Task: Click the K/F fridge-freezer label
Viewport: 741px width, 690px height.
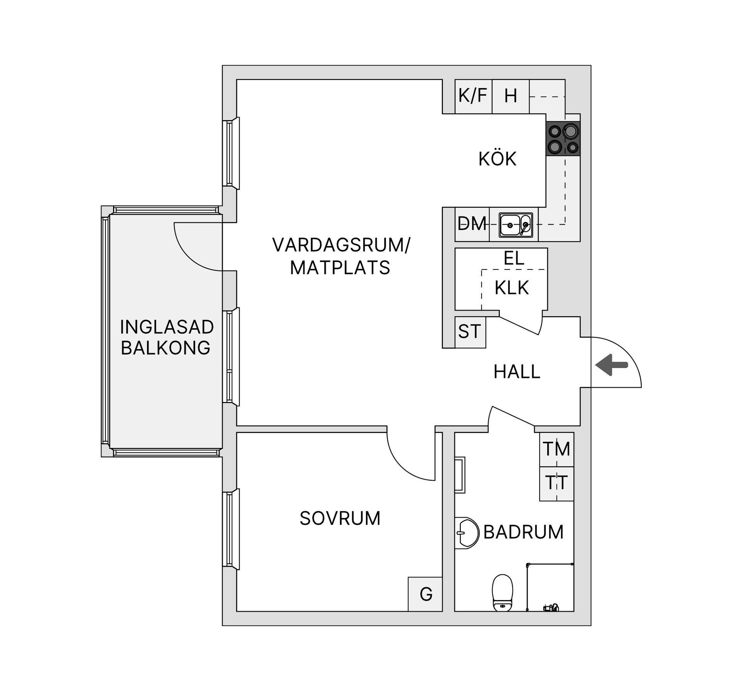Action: pyautogui.click(x=473, y=95)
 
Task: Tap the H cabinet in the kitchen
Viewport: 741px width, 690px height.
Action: pyautogui.click(x=511, y=96)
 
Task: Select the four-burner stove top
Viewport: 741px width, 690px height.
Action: pyautogui.click(x=563, y=139)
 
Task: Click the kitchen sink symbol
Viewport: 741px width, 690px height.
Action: pyautogui.click(x=516, y=225)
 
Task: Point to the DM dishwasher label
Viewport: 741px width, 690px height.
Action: pyautogui.click(x=472, y=224)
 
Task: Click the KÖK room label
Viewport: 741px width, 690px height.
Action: pyautogui.click(x=497, y=159)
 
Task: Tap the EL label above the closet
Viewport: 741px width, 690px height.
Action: pyautogui.click(x=514, y=258)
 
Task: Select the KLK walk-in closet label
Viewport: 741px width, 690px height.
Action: pyautogui.click(x=512, y=288)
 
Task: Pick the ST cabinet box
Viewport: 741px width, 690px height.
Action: pyautogui.click(x=470, y=332)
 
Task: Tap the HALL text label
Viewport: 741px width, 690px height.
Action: pyautogui.click(x=517, y=372)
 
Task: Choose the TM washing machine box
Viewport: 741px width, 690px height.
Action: pyautogui.click(x=557, y=449)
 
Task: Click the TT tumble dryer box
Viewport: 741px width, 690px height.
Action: pyautogui.click(x=557, y=483)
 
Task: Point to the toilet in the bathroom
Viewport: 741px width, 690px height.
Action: pyautogui.click(x=502, y=592)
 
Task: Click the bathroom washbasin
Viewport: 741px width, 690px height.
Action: pyautogui.click(x=466, y=532)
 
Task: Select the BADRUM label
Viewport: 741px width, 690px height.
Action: pyautogui.click(x=523, y=532)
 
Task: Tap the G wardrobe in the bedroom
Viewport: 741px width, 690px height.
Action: pyautogui.click(x=426, y=594)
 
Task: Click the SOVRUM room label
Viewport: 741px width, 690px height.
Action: pyautogui.click(x=340, y=519)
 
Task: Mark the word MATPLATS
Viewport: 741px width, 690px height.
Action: pyautogui.click(x=340, y=268)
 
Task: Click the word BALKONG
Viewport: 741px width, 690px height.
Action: pyautogui.click(x=166, y=348)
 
